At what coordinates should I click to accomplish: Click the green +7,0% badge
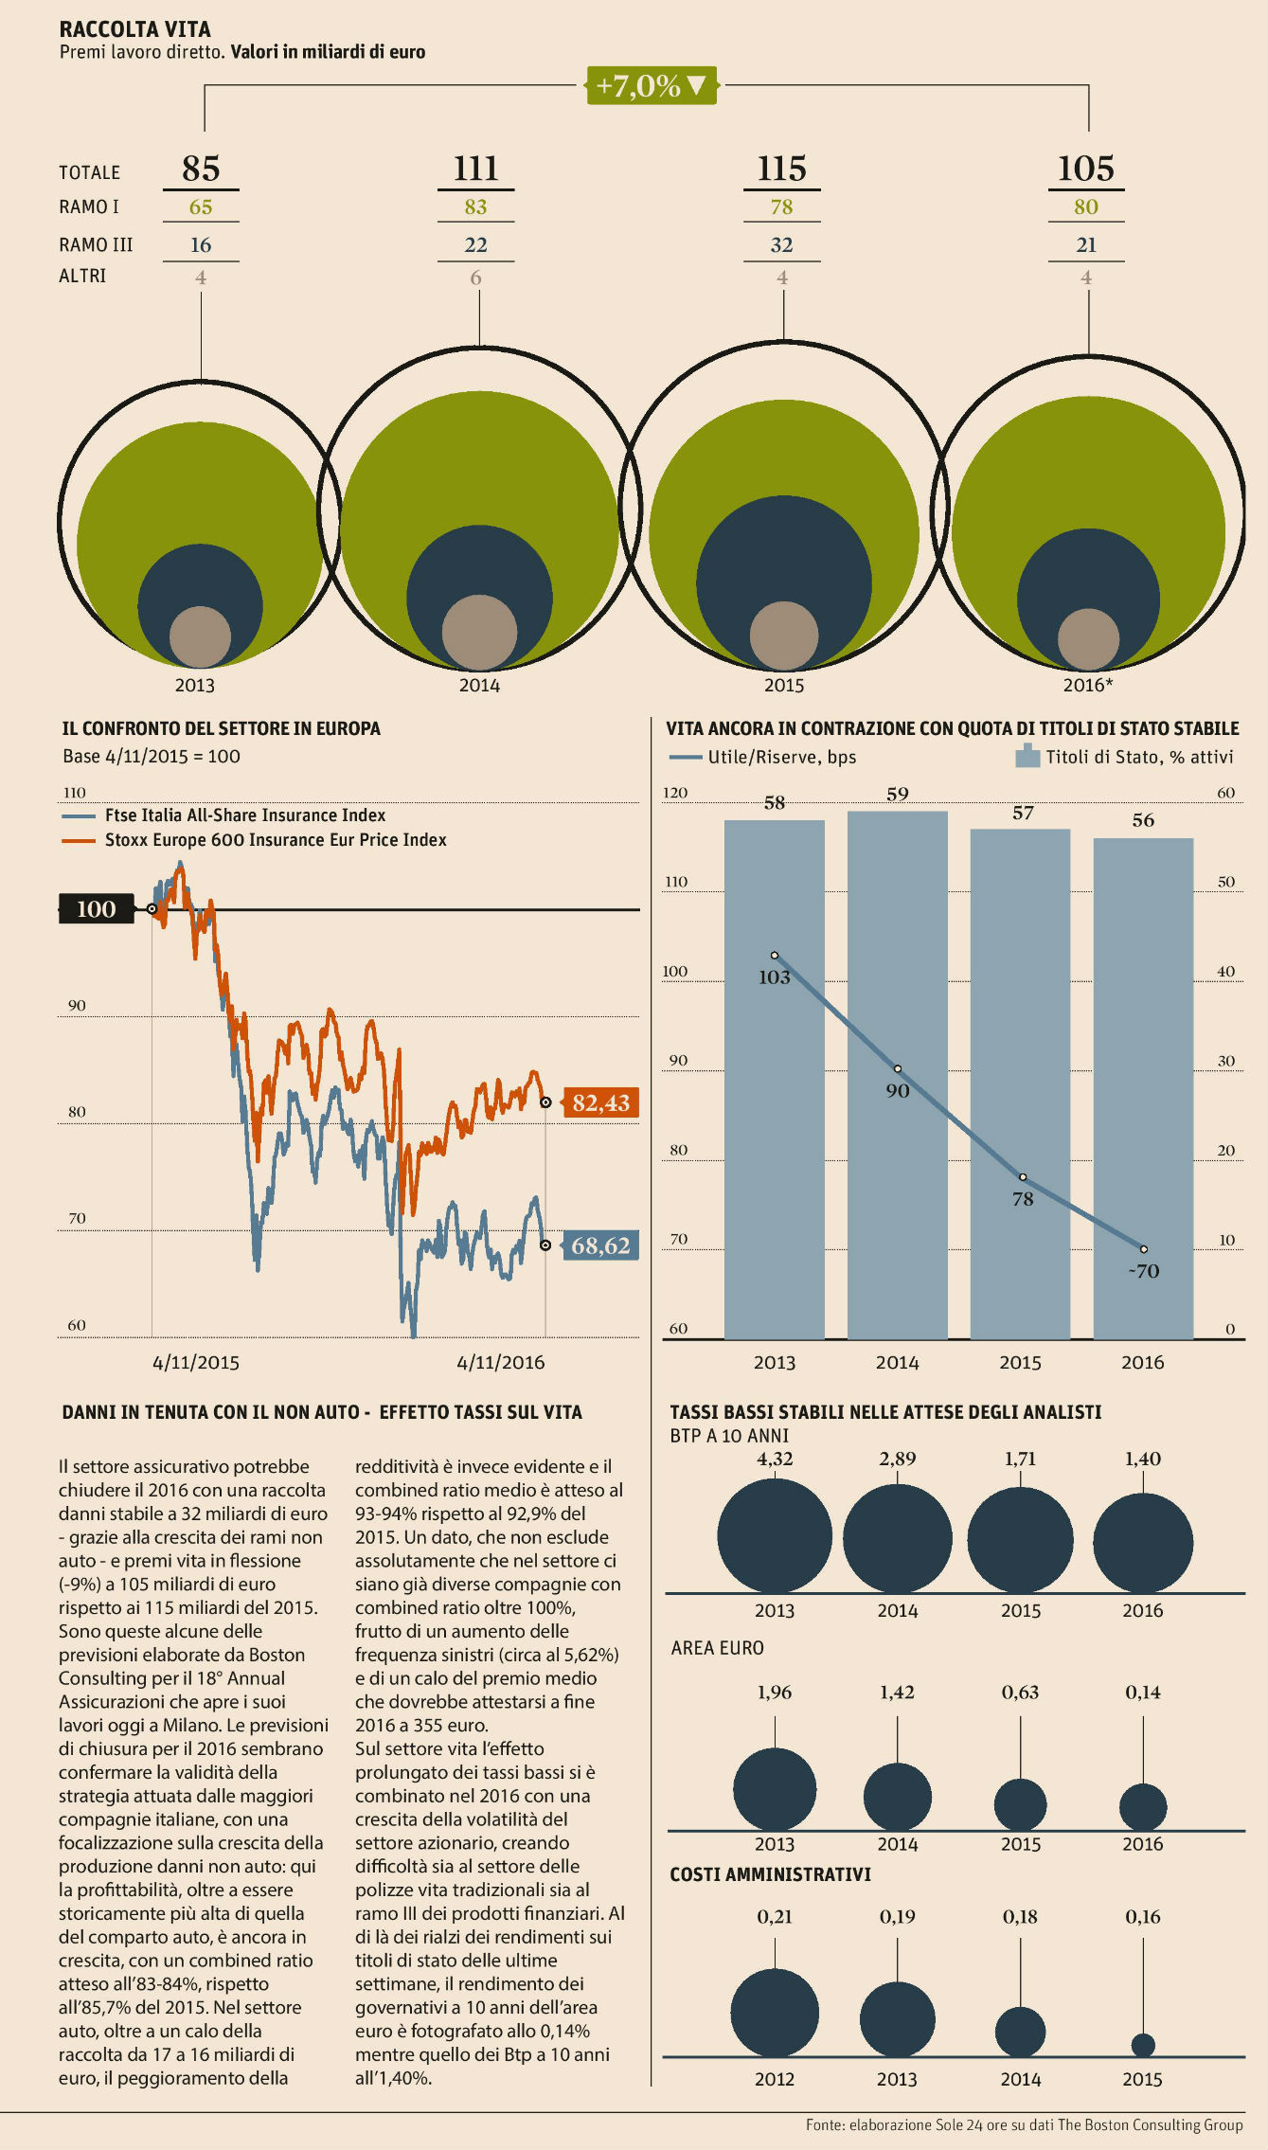(651, 86)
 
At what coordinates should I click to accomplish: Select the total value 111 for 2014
(475, 169)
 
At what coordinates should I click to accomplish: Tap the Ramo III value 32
(781, 245)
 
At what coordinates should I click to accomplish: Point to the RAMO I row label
(89, 207)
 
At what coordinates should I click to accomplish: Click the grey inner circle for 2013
(200, 636)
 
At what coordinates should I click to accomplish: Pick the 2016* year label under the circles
(1088, 685)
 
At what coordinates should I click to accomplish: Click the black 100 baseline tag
(96, 909)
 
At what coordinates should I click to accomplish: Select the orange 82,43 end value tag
(600, 1102)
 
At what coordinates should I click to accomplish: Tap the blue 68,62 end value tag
(600, 1245)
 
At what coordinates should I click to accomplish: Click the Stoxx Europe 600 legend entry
(275, 840)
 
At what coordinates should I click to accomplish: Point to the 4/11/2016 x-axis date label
(501, 1362)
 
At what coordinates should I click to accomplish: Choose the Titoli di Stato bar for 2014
(897, 1075)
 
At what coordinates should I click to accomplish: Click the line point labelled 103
(775, 956)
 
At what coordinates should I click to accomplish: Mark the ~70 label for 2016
(1143, 1271)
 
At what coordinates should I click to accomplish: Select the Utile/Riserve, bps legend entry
(781, 757)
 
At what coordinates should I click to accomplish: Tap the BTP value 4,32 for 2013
(775, 1459)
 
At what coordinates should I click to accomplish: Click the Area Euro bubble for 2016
(1143, 1806)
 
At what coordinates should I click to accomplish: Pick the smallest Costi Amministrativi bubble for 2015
(1143, 2044)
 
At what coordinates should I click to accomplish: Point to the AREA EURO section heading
(717, 1648)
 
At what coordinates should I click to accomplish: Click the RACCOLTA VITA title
(134, 29)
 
